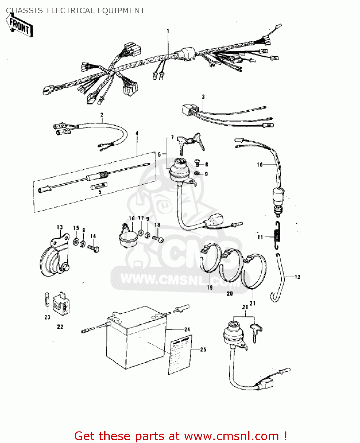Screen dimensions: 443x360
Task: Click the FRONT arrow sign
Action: (20, 26)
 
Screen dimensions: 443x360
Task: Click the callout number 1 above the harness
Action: (168, 31)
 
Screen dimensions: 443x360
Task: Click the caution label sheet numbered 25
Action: (180, 354)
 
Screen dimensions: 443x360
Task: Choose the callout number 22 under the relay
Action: (60, 327)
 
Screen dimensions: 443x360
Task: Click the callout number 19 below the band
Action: (210, 287)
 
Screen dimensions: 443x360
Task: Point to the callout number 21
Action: (252, 303)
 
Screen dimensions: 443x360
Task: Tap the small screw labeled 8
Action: (197, 162)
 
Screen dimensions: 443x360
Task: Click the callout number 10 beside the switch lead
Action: (260, 165)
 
